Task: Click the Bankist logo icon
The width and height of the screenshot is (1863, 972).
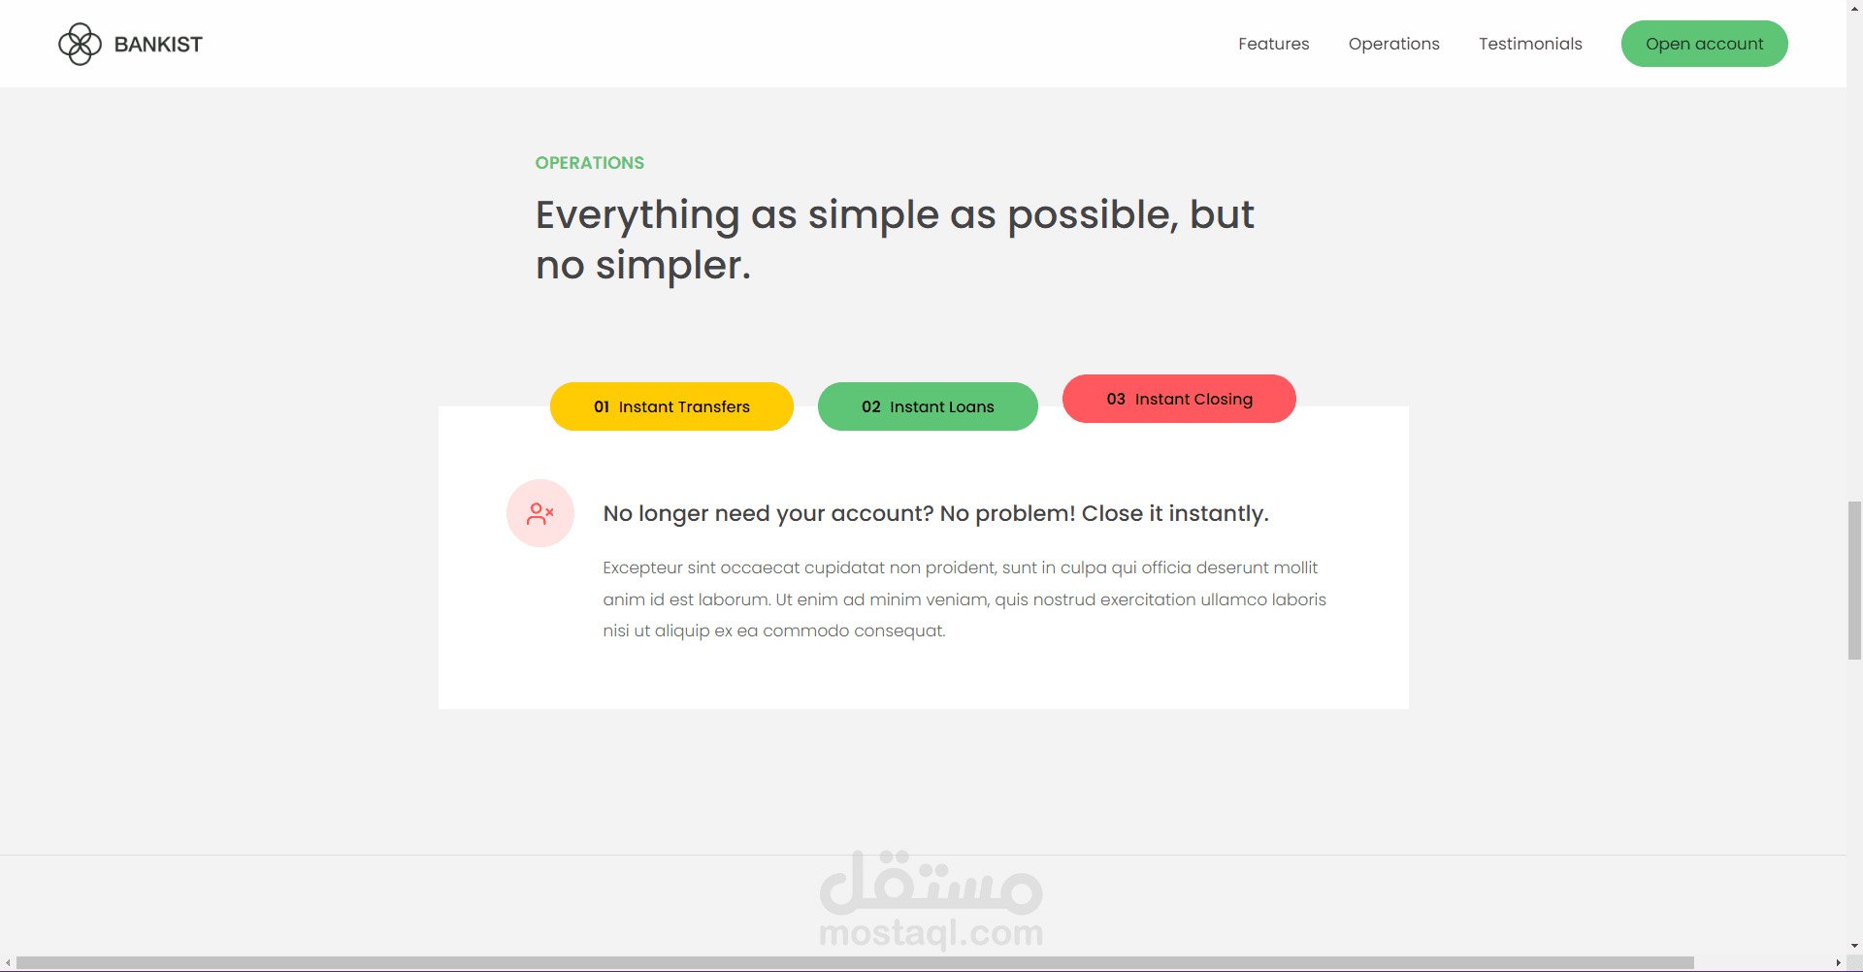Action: point(80,44)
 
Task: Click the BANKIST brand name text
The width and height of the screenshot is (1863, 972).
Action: point(158,45)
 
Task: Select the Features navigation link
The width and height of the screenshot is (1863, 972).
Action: point(1273,44)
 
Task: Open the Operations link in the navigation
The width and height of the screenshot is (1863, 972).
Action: point(1393,45)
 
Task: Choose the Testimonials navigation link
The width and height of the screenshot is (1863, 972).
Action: point(1530,44)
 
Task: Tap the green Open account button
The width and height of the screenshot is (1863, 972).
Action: point(1704,44)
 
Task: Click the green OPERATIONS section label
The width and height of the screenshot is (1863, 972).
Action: point(590,163)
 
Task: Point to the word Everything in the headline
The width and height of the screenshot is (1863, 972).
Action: point(637,215)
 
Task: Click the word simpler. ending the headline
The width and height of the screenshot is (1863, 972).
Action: point(673,266)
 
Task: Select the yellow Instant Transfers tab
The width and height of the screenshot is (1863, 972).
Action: point(671,406)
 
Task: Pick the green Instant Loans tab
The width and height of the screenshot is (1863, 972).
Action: point(928,406)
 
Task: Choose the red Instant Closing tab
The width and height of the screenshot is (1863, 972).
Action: point(1179,399)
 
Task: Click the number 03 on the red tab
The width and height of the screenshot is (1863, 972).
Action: point(1116,399)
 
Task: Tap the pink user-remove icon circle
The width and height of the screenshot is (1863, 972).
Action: point(540,513)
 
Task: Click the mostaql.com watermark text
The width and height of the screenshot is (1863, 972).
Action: point(931,932)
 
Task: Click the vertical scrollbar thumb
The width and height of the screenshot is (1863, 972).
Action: point(1854,580)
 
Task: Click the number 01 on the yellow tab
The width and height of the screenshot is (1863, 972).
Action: point(602,406)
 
